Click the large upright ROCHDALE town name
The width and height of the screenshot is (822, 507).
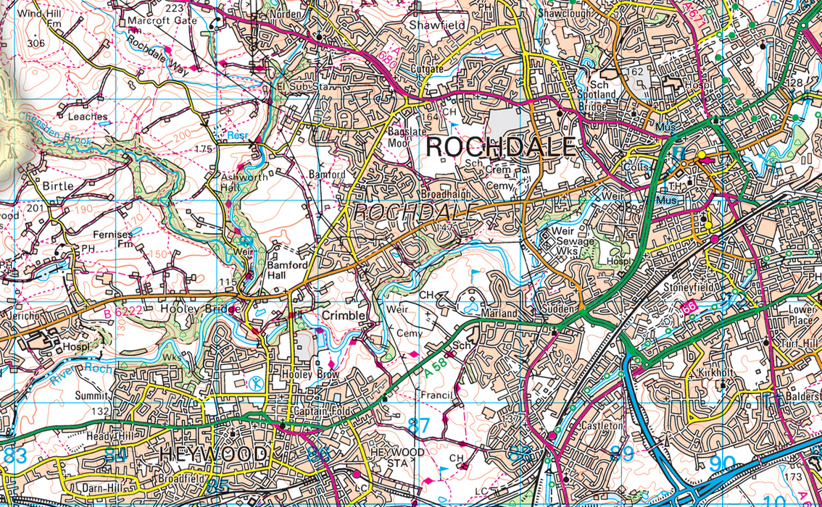[x=500, y=147]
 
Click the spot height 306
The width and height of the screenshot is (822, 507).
[x=35, y=43]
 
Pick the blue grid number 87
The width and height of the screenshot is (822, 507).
[x=418, y=426]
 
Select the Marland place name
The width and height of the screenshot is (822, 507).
[x=498, y=314]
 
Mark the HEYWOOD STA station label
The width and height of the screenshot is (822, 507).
[x=397, y=456]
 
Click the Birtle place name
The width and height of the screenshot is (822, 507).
[x=58, y=186]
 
